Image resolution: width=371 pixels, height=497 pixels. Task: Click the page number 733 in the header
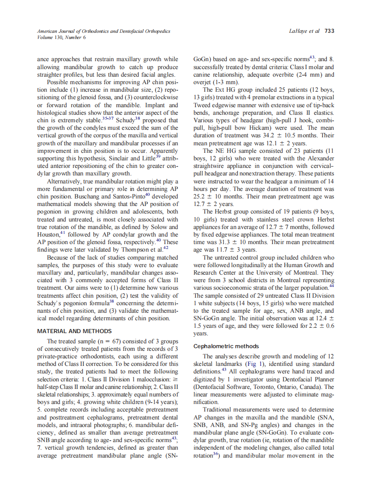click(329, 31)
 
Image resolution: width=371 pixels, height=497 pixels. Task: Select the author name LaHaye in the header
click(298, 31)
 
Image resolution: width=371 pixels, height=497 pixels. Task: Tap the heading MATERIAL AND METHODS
click(74, 331)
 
